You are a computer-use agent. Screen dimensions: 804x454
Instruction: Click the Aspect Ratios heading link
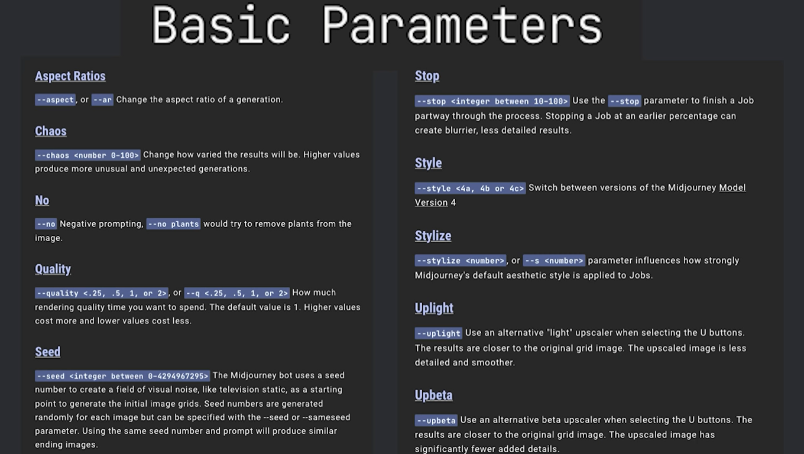point(70,76)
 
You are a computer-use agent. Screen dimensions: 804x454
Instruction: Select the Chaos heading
point(51,131)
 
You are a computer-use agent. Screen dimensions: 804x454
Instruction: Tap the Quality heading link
point(53,269)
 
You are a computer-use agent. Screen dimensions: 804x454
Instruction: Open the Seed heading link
point(48,352)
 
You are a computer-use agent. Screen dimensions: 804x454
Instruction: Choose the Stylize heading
point(433,236)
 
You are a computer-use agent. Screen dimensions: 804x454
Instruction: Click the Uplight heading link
point(434,308)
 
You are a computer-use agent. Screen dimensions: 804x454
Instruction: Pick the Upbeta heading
point(433,395)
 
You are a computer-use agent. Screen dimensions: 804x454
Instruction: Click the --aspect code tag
point(56,100)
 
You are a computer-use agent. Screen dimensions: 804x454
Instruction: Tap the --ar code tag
point(102,100)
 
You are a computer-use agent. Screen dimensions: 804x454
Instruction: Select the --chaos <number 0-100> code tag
point(87,155)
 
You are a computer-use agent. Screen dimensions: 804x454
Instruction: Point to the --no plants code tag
point(173,224)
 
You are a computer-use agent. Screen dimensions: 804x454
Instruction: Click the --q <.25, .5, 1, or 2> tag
point(237,293)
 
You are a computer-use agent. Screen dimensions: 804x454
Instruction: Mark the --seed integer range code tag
point(122,376)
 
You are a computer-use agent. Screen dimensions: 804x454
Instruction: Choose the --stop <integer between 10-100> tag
point(492,101)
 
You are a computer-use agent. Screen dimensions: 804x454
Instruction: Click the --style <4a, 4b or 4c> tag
point(470,188)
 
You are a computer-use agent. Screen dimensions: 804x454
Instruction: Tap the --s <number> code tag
point(554,261)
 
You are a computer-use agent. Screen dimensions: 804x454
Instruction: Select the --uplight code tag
point(439,333)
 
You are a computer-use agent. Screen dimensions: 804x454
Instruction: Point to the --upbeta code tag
point(436,420)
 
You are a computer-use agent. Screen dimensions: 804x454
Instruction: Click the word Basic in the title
point(221,25)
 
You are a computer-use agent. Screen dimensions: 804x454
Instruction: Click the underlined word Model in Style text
point(732,188)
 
